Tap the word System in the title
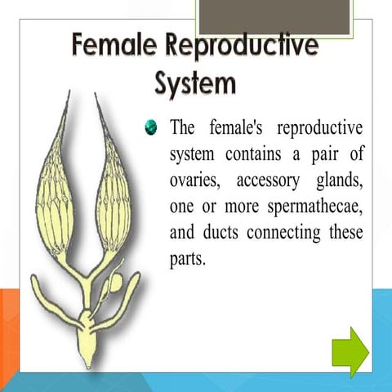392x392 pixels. (196, 84)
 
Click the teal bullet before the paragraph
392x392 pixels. (150, 127)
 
